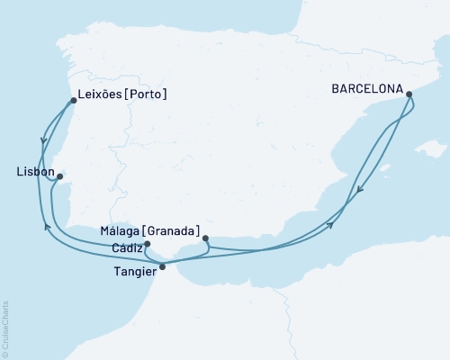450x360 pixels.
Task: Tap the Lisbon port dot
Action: point(59,177)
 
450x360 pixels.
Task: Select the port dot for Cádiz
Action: point(147,244)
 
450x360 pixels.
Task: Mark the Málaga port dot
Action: point(206,238)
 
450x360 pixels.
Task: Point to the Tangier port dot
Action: point(162,266)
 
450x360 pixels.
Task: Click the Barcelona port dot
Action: point(409,94)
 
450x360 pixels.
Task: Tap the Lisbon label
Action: point(35,171)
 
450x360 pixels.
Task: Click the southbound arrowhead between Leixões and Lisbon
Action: point(43,141)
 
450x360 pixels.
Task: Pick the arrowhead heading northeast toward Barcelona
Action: point(331,225)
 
